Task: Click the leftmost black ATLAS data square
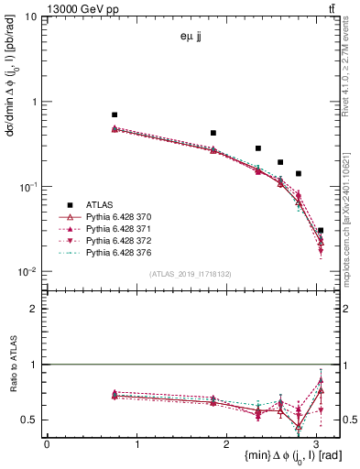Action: (115, 115)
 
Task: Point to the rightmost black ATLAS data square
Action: (320, 231)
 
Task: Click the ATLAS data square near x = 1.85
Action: (213, 133)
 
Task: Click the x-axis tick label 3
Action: (318, 444)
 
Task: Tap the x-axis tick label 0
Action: (47, 444)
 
